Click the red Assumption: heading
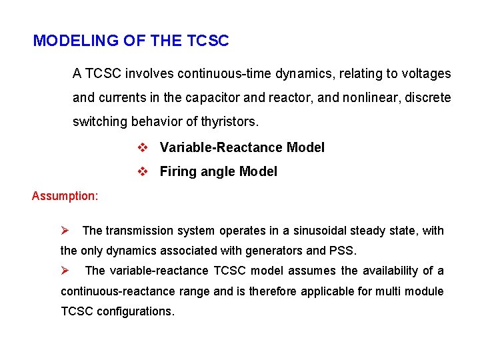pos(65,196)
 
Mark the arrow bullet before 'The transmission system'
pos(65,231)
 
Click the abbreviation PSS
pos(345,251)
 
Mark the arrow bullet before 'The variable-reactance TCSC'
pos(65,271)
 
